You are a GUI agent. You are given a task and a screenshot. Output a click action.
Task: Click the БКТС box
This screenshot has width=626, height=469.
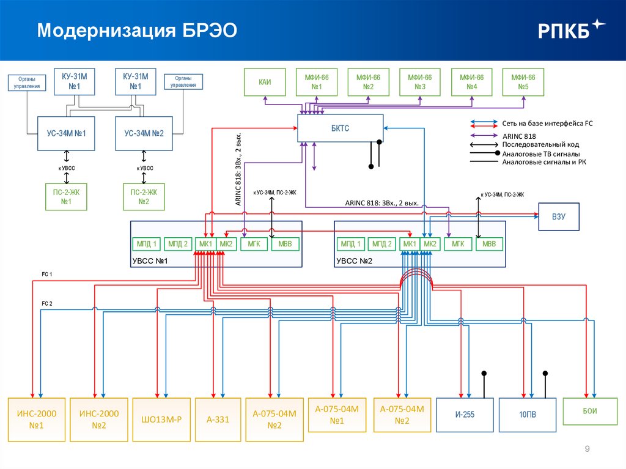click(x=341, y=128)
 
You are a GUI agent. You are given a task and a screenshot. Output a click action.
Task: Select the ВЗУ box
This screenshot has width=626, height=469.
click(x=558, y=216)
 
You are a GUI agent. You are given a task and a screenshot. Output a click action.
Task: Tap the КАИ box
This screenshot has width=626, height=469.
click(x=265, y=82)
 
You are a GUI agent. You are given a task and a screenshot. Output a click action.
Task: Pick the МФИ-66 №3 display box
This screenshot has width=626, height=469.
click(x=420, y=82)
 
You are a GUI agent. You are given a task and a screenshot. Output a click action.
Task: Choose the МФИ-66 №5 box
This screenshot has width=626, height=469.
click(x=523, y=82)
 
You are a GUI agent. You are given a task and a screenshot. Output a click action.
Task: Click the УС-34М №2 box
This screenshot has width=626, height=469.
click(x=144, y=133)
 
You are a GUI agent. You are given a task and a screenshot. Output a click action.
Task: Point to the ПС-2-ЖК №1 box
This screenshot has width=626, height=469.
click(x=66, y=197)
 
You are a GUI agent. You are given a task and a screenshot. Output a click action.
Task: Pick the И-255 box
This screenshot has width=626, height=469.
click(x=465, y=415)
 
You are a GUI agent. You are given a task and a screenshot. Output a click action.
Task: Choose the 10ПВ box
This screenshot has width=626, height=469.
click(x=528, y=415)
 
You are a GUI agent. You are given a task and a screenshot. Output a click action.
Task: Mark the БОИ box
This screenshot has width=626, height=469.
click(x=589, y=411)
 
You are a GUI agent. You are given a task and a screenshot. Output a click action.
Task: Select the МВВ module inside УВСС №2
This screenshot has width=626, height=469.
click(x=489, y=245)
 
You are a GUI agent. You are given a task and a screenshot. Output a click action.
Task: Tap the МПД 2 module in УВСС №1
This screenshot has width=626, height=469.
click(x=178, y=245)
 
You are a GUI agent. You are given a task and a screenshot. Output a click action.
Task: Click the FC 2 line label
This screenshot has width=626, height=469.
click(x=47, y=303)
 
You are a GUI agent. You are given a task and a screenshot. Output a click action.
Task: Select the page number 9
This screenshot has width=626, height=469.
click(x=587, y=450)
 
